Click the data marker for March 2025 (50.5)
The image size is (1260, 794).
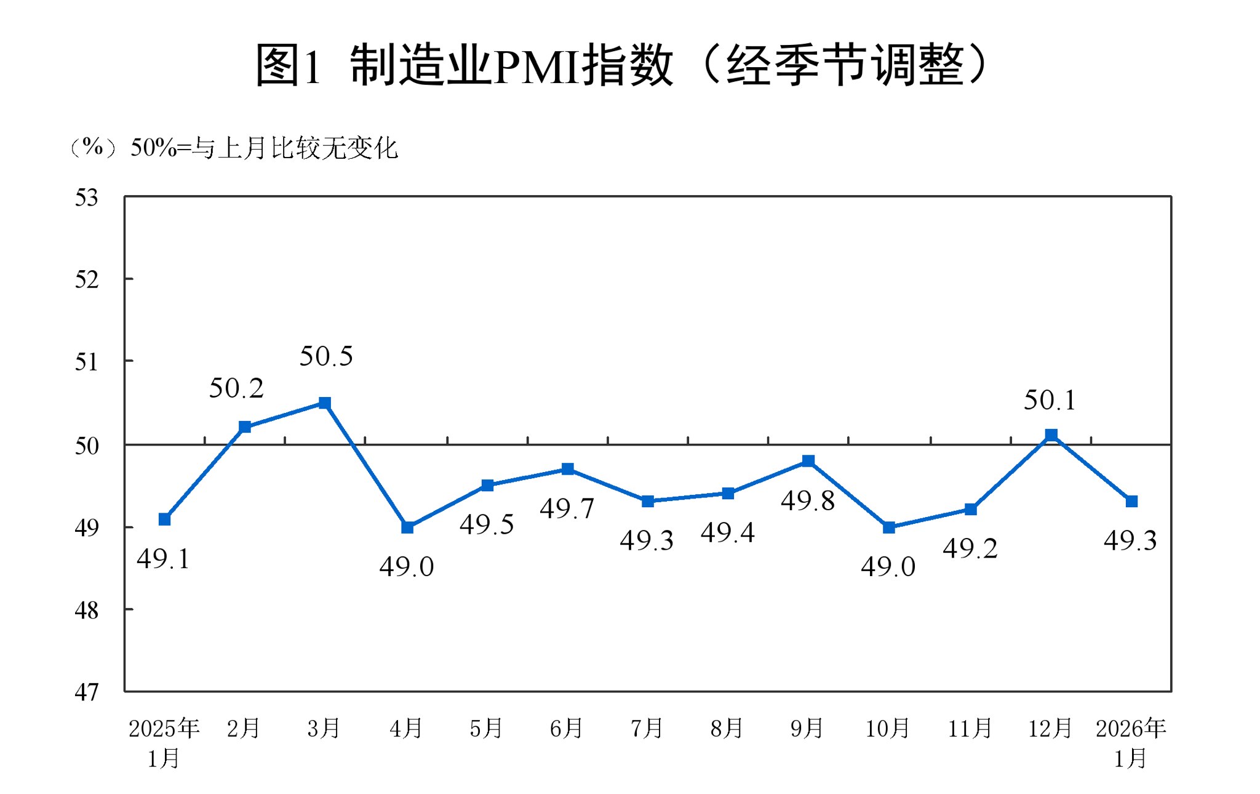tap(325, 403)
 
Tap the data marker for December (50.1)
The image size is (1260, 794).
tap(1051, 435)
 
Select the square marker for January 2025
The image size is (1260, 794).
tap(164, 519)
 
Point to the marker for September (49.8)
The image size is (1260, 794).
tap(808, 461)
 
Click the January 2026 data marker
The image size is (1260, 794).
tap(1131, 502)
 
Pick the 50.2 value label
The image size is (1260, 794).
tap(236, 388)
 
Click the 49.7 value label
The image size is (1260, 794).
tap(567, 509)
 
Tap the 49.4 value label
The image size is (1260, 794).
tap(727, 532)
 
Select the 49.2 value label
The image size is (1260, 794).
tap(970, 548)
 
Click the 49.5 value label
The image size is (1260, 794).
tap(487, 525)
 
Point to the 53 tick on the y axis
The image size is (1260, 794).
tap(87, 198)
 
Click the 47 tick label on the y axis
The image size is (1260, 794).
tap(87, 692)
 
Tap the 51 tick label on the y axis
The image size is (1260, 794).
tap(87, 362)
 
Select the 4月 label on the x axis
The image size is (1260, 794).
tap(406, 729)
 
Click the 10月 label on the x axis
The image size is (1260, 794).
tap(888, 729)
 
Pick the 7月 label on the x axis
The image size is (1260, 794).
tap(647, 729)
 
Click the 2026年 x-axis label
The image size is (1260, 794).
tap(1131, 729)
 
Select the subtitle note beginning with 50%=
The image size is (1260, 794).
tap(264, 148)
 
